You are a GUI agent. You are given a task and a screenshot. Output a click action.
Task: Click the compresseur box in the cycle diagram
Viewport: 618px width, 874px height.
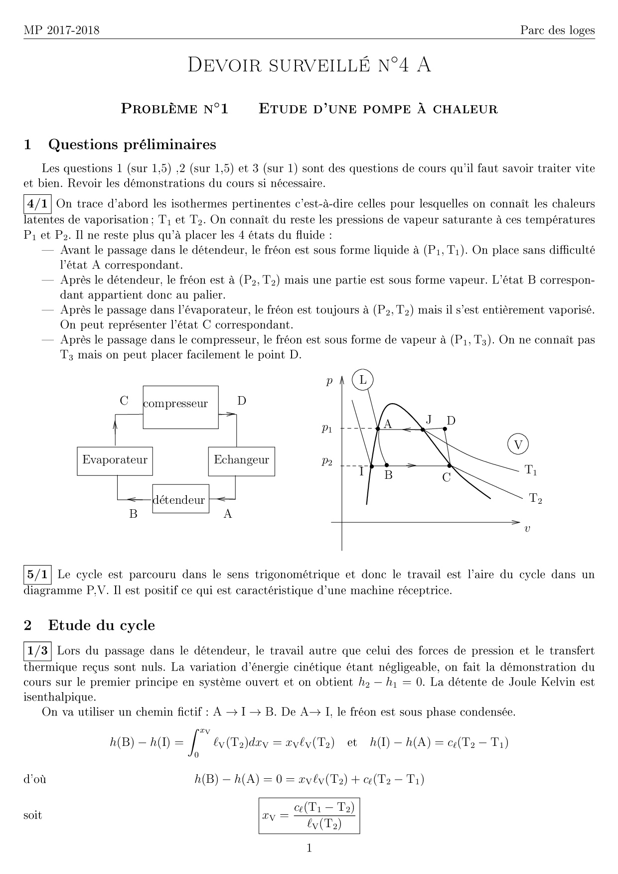(x=180, y=407)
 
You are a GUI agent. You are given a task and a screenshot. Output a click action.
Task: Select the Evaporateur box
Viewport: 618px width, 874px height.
(x=115, y=461)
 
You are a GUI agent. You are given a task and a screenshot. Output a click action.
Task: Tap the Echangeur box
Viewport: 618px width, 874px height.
(x=241, y=461)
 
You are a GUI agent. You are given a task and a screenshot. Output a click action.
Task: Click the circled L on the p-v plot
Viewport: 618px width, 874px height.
(x=363, y=381)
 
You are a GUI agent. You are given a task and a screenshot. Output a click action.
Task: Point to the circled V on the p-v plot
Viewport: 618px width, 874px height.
(x=518, y=444)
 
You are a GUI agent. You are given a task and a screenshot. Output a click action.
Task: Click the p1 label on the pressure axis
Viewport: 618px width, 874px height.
(x=326, y=429)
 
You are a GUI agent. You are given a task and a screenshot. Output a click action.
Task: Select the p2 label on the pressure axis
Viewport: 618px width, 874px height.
(x=326, y=462)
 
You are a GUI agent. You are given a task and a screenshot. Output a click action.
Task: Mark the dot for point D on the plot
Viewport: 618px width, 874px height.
(x=445, y=429)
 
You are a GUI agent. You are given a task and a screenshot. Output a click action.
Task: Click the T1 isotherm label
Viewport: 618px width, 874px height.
(x=531, y=470)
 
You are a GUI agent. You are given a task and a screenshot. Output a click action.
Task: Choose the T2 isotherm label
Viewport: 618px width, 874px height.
(x=535, y=498)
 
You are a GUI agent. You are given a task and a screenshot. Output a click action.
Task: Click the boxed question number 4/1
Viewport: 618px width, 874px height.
(x=38, y=204)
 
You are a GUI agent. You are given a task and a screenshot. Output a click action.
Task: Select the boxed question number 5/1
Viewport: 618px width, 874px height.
(x=38, y=575)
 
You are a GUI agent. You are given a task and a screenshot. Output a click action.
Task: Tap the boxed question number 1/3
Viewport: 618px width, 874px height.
(x=38, y=650)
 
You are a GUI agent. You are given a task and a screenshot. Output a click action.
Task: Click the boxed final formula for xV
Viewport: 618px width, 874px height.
(x=309, y=816)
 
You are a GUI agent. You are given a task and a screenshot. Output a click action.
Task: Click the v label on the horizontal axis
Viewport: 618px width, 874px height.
(x=527, y=529)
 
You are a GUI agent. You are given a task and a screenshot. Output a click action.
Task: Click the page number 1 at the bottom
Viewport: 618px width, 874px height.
(x=309, y=848)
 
